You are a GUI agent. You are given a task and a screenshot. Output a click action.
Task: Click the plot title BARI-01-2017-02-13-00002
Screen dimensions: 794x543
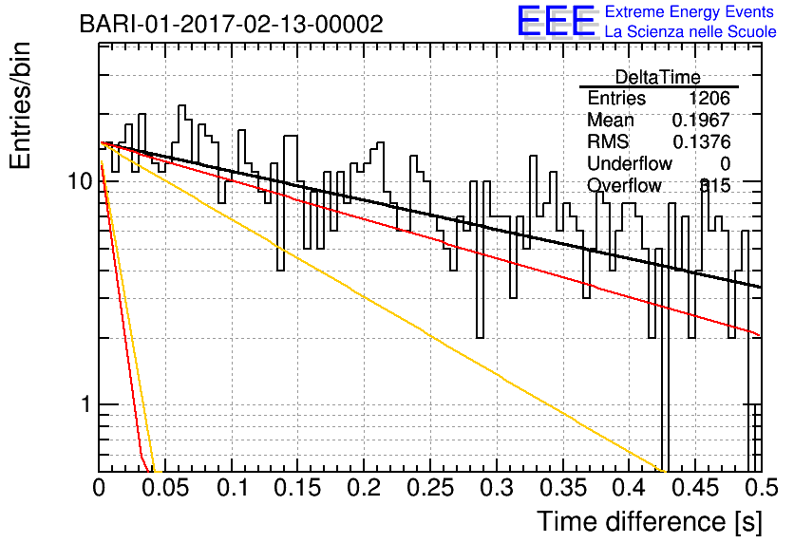point(232,24)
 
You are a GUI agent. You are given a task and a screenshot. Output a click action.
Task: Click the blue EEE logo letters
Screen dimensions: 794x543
point(556,21)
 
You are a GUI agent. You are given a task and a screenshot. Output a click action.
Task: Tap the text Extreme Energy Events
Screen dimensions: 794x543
point(690,11)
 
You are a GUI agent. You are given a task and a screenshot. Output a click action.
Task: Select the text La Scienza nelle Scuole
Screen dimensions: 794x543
point(690,32)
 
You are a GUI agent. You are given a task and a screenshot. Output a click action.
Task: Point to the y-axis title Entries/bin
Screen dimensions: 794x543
point(20,106)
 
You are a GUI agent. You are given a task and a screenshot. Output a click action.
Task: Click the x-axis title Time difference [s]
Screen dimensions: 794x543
point(650,522)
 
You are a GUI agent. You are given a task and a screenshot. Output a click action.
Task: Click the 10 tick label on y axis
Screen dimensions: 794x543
point(81,180)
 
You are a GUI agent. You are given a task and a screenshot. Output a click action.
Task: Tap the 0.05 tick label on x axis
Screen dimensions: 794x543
point(165,488)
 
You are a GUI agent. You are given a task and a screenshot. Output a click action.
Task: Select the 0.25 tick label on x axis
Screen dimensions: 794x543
point(431,488)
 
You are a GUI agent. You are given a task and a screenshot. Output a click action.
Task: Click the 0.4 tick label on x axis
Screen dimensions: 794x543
point(630,488)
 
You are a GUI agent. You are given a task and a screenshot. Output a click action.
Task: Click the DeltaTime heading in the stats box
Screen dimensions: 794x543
point(658,77)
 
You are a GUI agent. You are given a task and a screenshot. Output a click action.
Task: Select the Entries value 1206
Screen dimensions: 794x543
point(709,98)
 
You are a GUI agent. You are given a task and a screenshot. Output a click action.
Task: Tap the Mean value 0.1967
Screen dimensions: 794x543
point(701,120)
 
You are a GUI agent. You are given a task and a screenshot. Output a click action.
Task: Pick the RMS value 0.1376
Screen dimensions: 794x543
point(701,142)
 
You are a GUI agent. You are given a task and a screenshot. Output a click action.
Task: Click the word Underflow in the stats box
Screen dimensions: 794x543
point(630,164)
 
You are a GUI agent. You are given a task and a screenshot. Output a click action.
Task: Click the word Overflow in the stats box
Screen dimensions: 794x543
point(624,186)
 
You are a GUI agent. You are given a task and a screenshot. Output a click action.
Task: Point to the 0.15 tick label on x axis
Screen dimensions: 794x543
point(298,488)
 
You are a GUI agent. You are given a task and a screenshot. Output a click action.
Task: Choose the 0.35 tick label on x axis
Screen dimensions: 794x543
point(563,488)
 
